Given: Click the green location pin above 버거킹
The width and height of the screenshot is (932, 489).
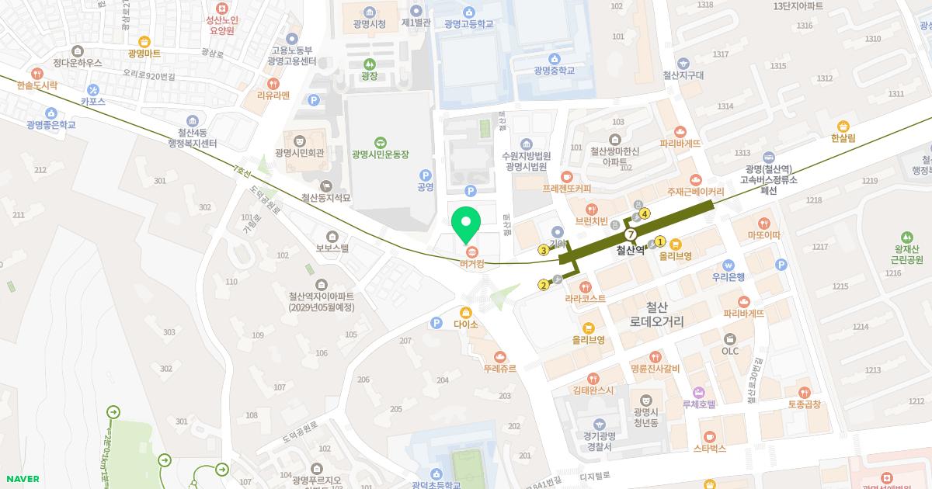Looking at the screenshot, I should pos(466,224).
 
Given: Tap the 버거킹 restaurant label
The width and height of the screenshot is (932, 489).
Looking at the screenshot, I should pos(471,264).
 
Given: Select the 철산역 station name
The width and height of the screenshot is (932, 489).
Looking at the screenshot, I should pos(631,250).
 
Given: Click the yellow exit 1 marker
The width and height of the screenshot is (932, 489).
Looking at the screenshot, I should pos(661,241).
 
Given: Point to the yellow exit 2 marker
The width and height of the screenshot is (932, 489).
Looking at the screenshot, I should pos(544,285).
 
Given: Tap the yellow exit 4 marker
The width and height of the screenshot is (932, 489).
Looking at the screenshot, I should pos(645,214).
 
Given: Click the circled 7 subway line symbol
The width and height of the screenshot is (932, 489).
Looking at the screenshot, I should pos(631,234).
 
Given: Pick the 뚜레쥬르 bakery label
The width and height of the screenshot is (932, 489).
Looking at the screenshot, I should pos(499,369).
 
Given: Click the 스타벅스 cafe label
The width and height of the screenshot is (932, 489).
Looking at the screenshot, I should pos(709,448).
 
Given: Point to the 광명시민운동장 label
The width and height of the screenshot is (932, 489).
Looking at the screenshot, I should pos(380,154).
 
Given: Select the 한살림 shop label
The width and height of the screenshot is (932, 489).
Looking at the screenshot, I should pos(843,137).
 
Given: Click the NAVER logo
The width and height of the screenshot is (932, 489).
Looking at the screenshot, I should pos(21,479).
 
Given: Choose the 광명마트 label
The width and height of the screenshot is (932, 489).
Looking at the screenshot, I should pos(144,53).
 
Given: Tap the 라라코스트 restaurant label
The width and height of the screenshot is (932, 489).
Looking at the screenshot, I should pos(585,298).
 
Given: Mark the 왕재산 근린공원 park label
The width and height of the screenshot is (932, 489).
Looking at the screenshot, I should pos(906,254).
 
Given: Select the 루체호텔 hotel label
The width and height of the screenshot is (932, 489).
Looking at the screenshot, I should pos(698,404).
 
